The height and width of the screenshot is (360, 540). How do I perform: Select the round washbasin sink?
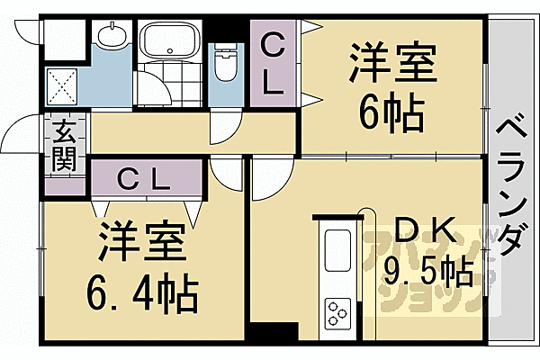click(x=112, y=37)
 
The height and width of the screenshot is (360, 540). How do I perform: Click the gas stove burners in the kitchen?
click(x=338, y=314)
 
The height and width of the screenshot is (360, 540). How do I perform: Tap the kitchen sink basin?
click(x=338, y=247)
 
